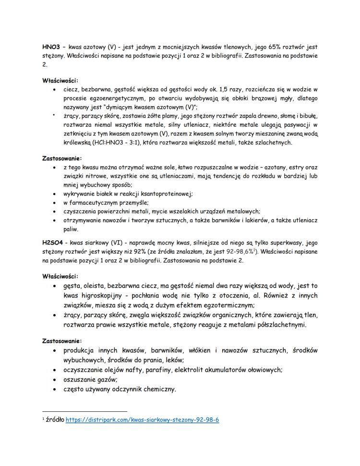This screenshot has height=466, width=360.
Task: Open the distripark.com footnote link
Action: [142, 420]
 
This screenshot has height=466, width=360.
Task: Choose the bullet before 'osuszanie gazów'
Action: [57, 379]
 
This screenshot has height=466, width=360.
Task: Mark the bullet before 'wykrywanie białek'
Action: [57, 194]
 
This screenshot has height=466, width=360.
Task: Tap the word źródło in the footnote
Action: [55, 420]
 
